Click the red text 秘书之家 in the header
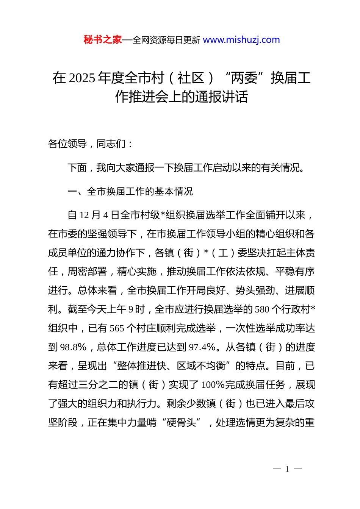click(102, 40)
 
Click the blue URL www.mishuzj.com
click(241, 40)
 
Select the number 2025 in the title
click(82, 78)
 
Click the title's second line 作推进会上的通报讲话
click(182, 97)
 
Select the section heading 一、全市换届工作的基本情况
click(130, 192)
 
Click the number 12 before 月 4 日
click(84, 215)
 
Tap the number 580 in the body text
click(262, 309)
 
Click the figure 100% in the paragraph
click(213, 385)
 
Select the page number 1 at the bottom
click(287, 469)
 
